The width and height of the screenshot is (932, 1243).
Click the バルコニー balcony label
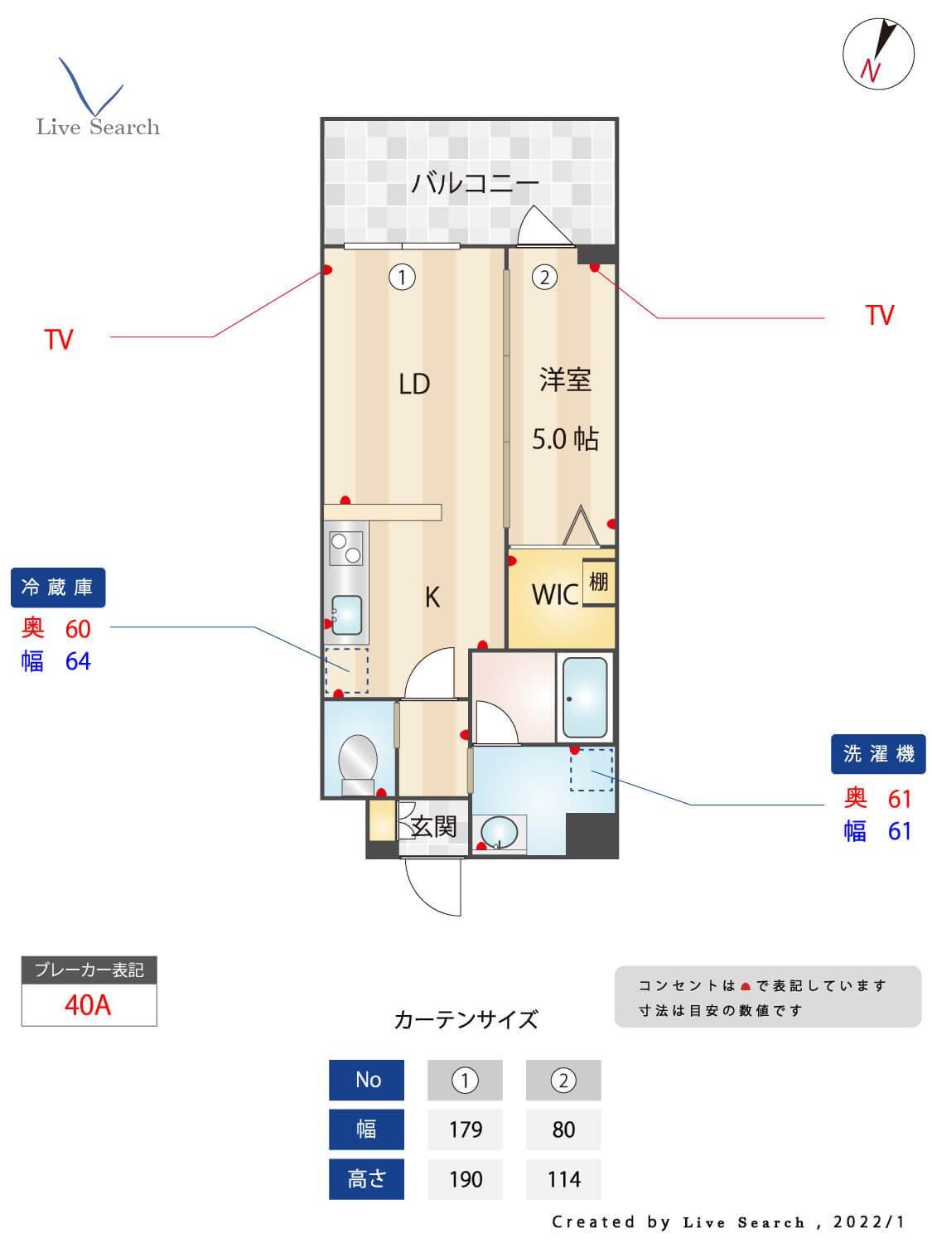coord(475,182)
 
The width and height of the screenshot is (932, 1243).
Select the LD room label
coord(414,384)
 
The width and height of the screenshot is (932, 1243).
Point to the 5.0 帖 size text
coord(565,438)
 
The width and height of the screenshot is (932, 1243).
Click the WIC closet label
coord(554,594)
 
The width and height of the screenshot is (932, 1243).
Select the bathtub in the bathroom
coord(585,697)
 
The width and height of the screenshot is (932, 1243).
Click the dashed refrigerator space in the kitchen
coord(346,670)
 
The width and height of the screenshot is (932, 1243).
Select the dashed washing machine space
coord(592,770)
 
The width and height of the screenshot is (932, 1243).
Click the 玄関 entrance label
coord(434,826)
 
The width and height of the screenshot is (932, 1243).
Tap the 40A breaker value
coord(88,1005)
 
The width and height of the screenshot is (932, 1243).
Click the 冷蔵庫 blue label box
coord(58,588)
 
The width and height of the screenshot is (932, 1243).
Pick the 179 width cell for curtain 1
coord(465,1129)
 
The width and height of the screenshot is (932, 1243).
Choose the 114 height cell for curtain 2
coord(563,1179)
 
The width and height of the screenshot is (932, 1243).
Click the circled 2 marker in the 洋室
coord(544,277)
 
